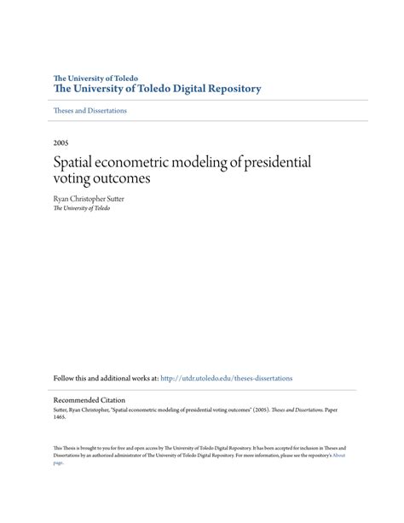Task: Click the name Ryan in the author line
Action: [x=61, y=199]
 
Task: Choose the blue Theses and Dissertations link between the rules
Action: [x=89, y=111]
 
